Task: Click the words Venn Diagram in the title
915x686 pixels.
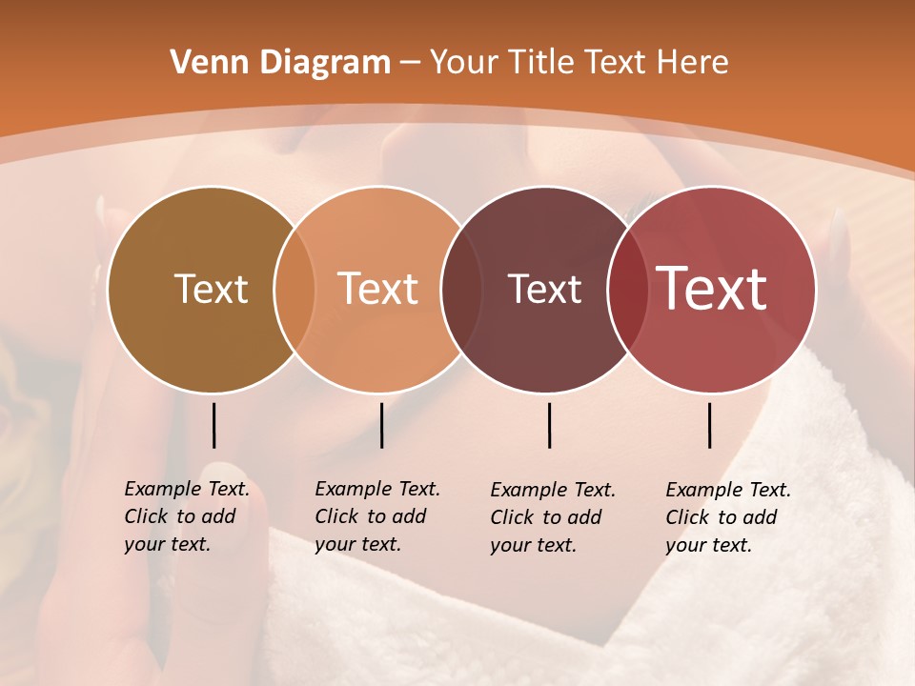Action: click(x=280, y=63)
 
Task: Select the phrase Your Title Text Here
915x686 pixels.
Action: click(x=579, y=63)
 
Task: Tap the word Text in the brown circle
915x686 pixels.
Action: click(x=211, y=289)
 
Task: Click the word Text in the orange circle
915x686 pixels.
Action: click(x=378, y=289)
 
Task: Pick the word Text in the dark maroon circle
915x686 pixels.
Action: click(x=544, y=289)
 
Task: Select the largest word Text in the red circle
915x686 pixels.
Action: click(x=712, y=289)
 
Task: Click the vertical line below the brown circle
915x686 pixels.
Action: click(x=213, y=425)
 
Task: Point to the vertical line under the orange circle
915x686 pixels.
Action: click(x=381, y=425)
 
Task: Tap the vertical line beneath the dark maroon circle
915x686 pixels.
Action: click(x=549, y=425)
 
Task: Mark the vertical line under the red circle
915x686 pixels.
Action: click(x=709, y=425)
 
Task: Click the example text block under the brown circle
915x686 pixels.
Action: click(x=186, y=516)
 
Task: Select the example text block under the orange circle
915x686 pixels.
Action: click(x=376, y=516)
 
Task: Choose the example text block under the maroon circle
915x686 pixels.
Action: click(x=552, y=517)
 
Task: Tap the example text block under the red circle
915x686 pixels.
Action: click(x=727, y=517)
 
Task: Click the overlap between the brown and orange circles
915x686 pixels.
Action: click(x=295, y=289)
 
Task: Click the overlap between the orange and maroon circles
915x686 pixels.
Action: click(x=458, y=289)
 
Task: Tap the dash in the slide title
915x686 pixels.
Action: click(x=410, y=64)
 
